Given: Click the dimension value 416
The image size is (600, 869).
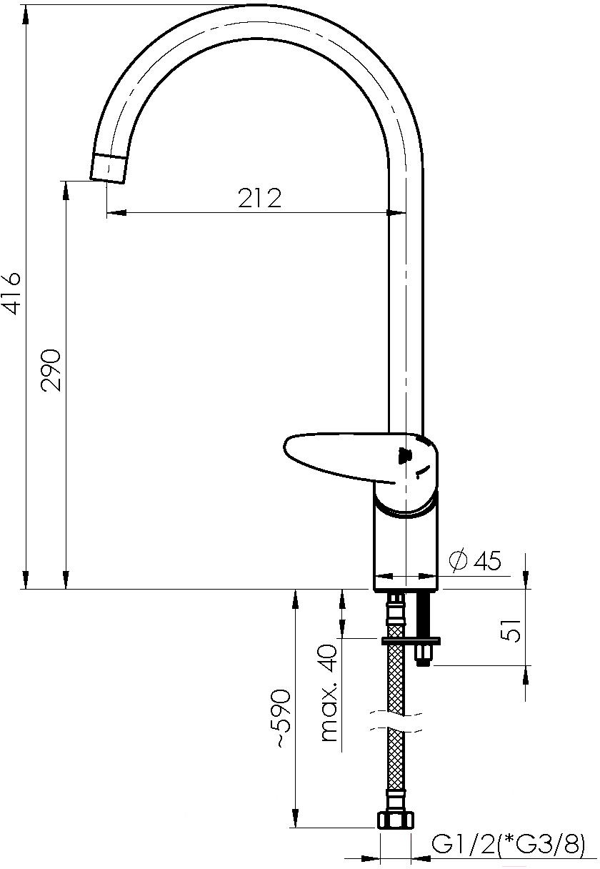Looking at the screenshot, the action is pyautogui.click(x=11, y=294).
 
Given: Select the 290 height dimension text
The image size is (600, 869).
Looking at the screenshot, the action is pyautogui.click(x=52, y=370).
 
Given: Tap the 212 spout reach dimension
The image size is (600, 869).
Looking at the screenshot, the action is pyautogui.click(x=259, y=198).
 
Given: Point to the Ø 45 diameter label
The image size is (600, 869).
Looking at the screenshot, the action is pyautogui.click(x=475, y=561).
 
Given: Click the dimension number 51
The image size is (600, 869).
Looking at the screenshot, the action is pyautogui.click(x=510, y=631).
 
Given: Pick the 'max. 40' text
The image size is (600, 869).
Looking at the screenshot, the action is pyautogui.click(x=329, y=692).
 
